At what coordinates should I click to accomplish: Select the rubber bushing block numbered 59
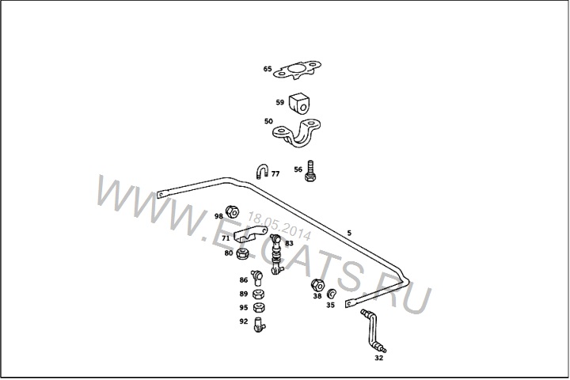coord(299,103)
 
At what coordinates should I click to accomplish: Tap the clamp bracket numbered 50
coord(297,133)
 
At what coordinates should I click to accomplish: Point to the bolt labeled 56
coord(310,170)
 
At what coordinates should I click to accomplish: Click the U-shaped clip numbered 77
coord(262,171)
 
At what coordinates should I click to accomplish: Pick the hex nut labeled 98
coord(232,211)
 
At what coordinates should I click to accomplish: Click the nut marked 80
coord(242,253)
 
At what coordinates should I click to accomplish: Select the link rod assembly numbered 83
coord(276,255)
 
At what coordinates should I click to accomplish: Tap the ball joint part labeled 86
coord(256,277)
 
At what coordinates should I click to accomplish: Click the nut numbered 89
coord(258,294)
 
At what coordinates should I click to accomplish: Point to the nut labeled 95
coord(258,308)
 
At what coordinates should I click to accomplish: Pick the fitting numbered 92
coord(259,325)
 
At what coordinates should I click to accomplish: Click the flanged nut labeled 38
coord(317,285)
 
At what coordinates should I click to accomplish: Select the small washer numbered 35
coord(331,293)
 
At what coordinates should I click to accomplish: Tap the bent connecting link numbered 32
coord(373,331)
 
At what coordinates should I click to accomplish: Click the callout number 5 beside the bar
coord(349,233)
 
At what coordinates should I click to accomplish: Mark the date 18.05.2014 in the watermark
coord(279,226)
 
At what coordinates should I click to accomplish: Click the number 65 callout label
coord(268,69)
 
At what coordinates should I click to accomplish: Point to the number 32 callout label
coord(378,358)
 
